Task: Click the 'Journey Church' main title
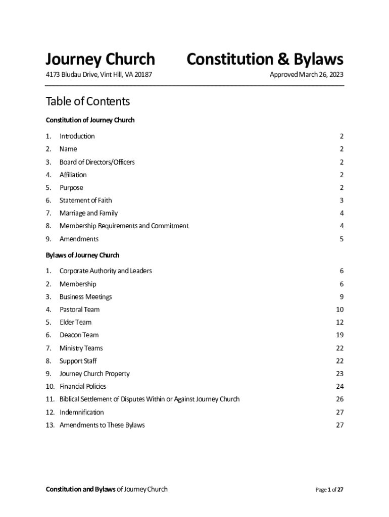[100, 60]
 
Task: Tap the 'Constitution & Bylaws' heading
[265, 60]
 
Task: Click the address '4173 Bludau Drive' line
[99, 75]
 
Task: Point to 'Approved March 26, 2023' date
[306, 75]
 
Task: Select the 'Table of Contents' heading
[87, 101]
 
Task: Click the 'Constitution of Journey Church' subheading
[90, 120]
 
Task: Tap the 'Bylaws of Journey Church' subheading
[82, 255]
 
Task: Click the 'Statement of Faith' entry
[85, 200]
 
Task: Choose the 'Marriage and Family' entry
[88, 213]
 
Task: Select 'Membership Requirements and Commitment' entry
[124, 226]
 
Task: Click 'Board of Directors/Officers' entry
[97, 162]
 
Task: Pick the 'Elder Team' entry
[75, 322]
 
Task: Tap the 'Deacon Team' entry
[79, 335]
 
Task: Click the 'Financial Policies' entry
[83, 386]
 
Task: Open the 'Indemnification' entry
[81, 412]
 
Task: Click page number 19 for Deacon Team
[339, 335]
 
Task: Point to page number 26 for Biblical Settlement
[339, 399]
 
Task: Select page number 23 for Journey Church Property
[339, 374]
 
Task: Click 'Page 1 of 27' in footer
[329, 489]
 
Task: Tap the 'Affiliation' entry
[73, 175]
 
